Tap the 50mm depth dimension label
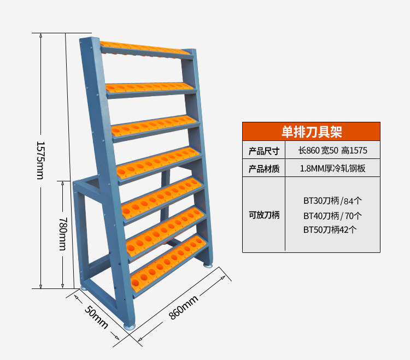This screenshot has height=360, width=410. coord(96,316)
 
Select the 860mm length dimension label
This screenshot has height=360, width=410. coord(183,306)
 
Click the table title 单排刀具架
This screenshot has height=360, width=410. coord(311,132)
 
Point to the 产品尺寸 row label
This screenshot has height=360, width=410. coord(264,151)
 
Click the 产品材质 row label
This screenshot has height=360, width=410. coord(264,169)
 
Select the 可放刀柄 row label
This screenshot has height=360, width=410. coord(264,215)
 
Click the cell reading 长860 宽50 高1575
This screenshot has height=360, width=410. coord(332,151)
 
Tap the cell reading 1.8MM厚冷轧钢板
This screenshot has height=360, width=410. coord(332,169)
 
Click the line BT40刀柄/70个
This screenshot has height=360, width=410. coord(332,215)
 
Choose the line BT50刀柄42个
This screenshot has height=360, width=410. coord(331,230)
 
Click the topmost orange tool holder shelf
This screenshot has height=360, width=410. coord(145,49)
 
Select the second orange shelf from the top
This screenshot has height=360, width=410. coord(150,87)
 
